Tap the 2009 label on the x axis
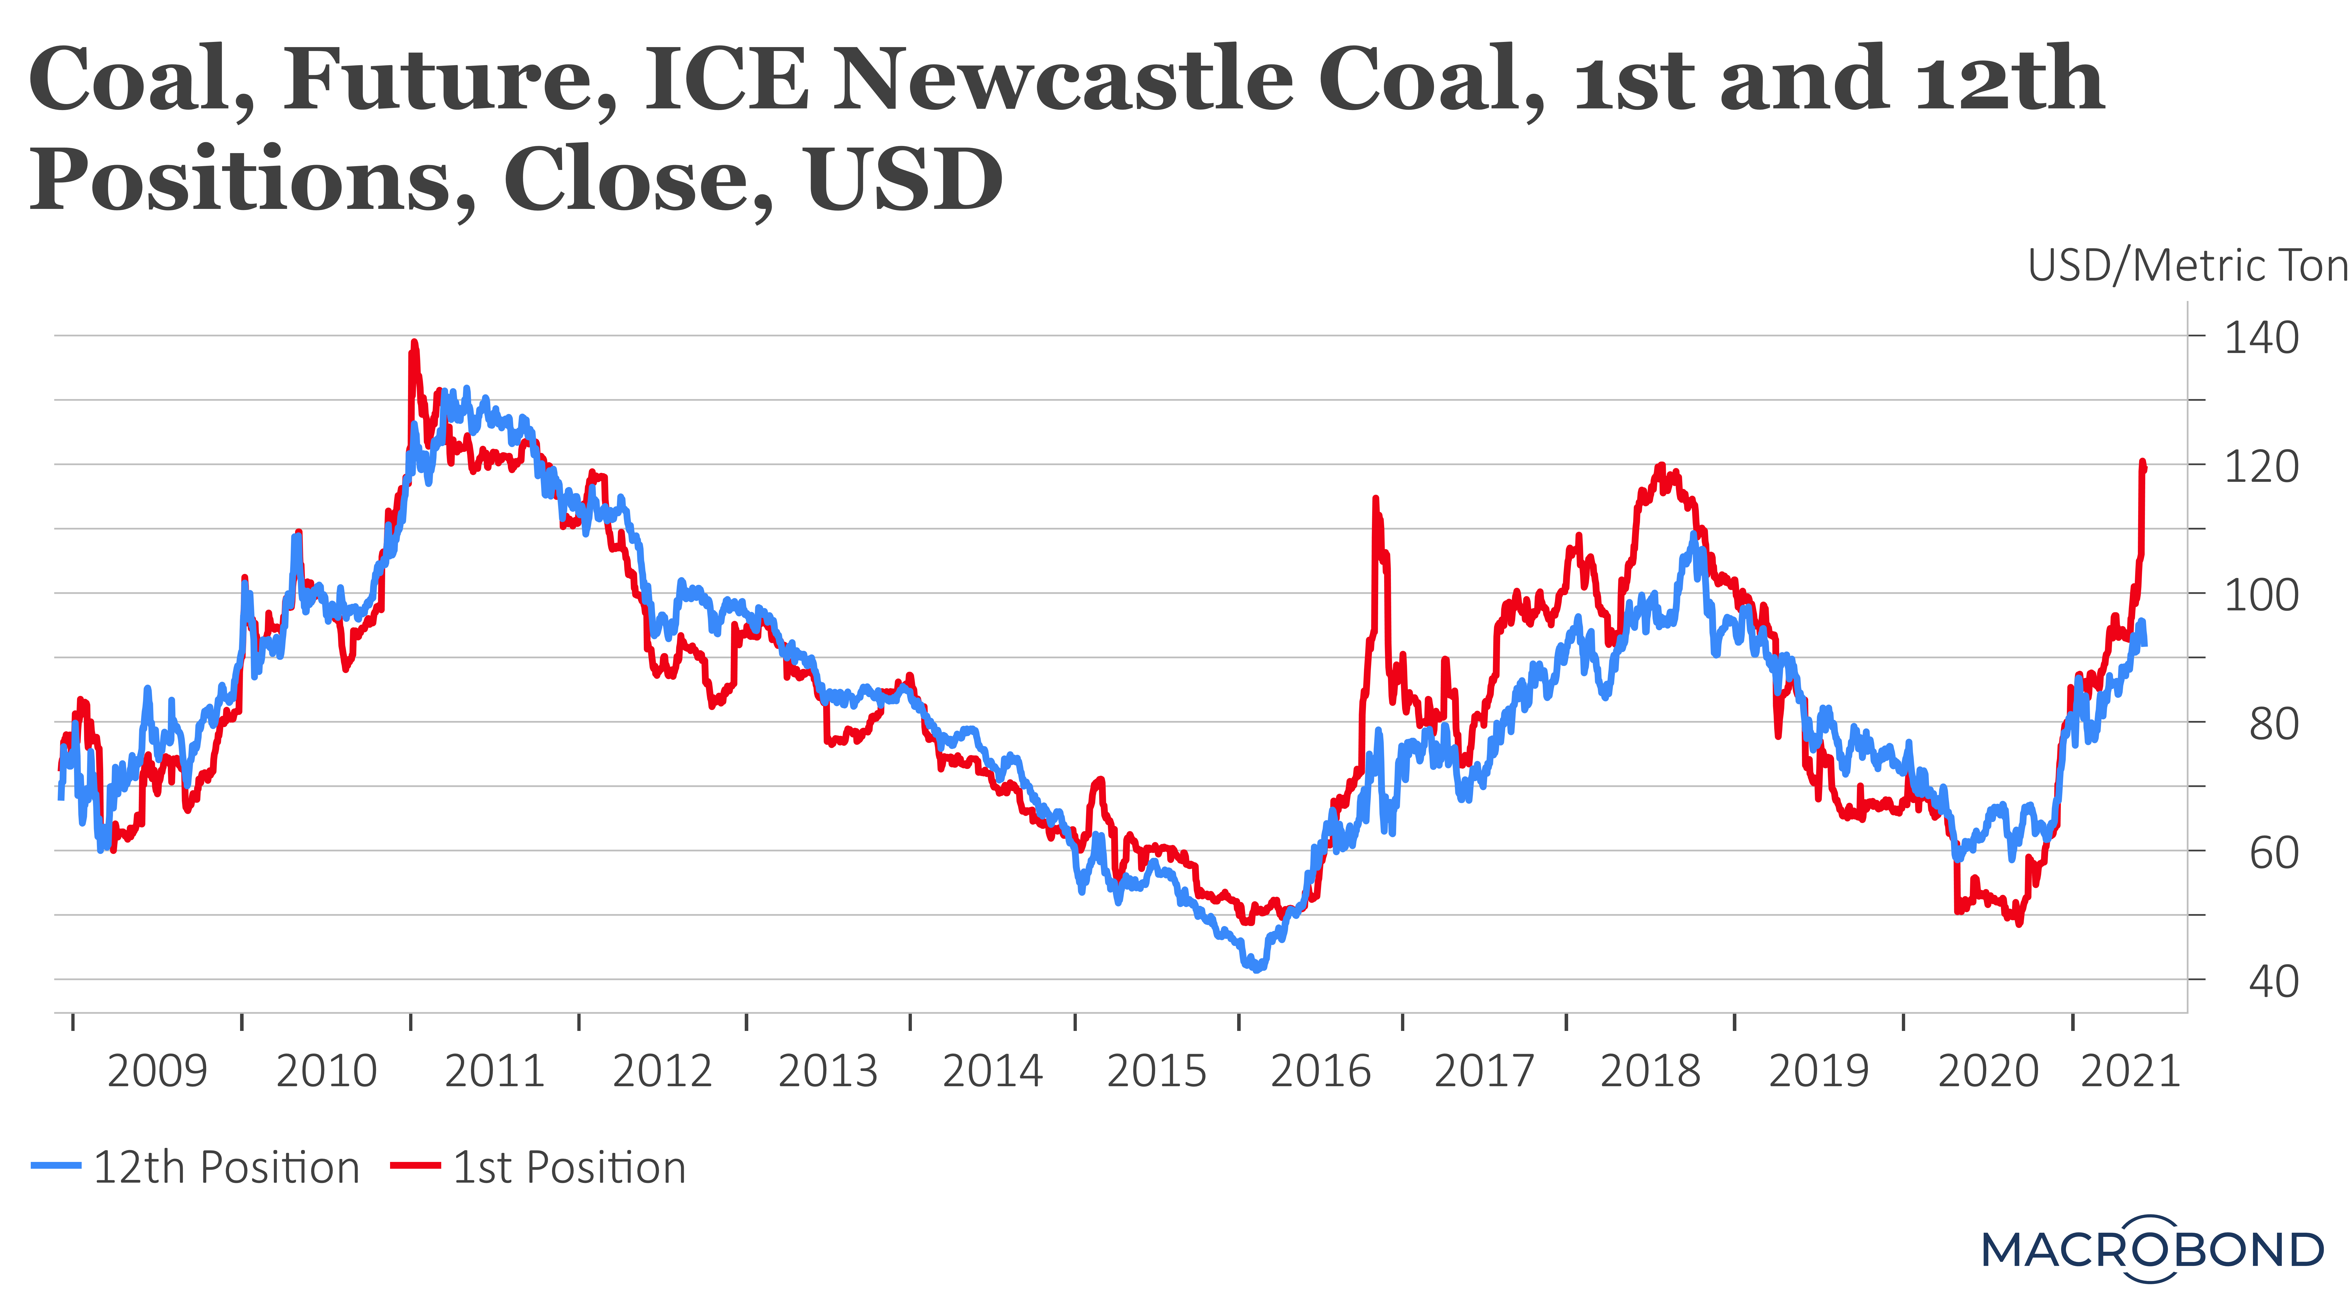(157, 1071)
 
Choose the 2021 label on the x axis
(2130, 1071)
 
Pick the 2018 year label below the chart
(1650, 1071)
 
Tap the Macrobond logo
(2152, 1249)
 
